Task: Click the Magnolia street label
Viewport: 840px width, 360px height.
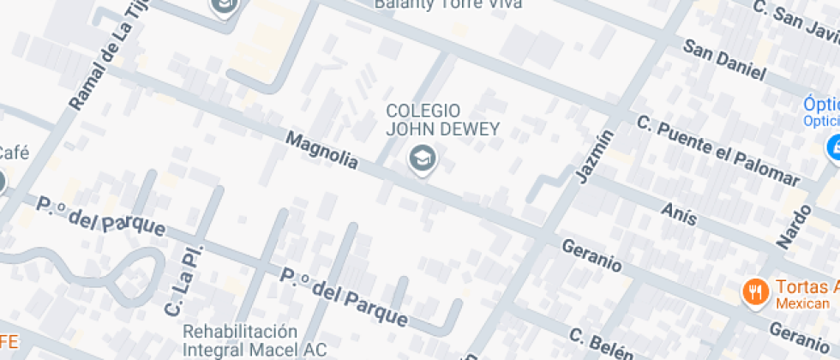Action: click(321, 150)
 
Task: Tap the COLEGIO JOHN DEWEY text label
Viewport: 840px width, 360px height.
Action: click(423, 120)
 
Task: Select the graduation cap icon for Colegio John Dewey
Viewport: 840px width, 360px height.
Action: click(421, 158)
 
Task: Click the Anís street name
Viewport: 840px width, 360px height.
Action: click(679, 214)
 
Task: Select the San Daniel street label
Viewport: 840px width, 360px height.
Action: click(723, 59)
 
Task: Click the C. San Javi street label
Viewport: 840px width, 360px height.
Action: click(795, 21)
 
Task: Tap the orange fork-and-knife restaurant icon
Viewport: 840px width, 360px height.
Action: click(754, 291)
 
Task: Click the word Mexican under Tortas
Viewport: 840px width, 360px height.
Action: click(802, 303)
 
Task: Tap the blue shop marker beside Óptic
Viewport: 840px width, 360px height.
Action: click(832, 147)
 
